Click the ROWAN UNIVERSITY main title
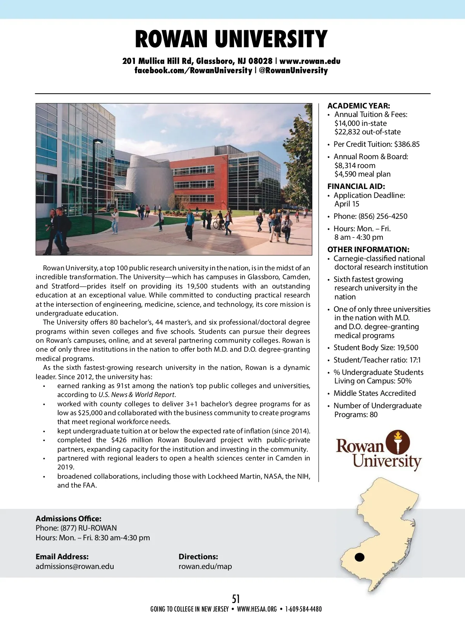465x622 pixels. [x=231, y=39]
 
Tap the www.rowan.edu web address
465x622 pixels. [x=310, y=61]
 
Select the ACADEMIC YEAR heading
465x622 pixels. [x=358, y=106]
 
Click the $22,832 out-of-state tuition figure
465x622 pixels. [x=367, y=132]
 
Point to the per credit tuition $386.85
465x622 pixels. [x=407, y=144]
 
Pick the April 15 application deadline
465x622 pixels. [x=347, y=204]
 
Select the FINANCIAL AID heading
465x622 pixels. [x=356, y=186]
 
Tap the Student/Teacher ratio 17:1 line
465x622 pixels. [x=377, y=360]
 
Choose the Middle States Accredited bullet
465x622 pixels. [x=375, y=393]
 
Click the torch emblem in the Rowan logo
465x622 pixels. [x=398, y=442]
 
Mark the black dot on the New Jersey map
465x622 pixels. [x=360, y=557]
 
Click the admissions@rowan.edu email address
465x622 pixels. [x=75, y=567]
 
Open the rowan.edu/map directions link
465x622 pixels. [x=205, y=567]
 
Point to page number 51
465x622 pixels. [x=236, y=599]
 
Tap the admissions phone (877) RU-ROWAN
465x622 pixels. [x=89, y=528]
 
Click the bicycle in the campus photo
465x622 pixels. [x=218, y=224]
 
